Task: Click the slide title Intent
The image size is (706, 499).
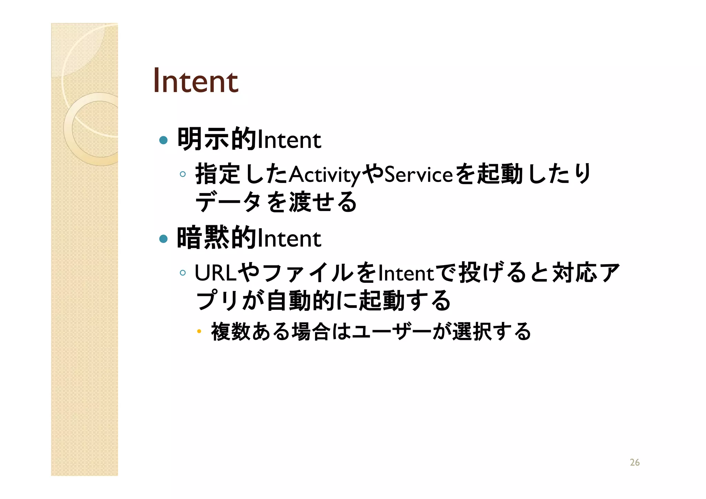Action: pos(195,81)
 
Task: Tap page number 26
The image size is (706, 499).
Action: pos(635,462)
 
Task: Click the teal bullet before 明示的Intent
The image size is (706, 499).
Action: pos(163,140)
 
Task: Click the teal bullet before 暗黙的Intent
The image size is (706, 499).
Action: pos(163,239)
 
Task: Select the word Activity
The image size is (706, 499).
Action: pos(325,174)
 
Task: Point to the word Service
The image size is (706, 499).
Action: pos(418,174)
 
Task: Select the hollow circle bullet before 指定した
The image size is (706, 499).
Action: pos(183,174)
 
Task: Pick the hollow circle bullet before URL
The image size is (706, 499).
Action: pos(183,273)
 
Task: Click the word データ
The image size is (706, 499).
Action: pos(228,202)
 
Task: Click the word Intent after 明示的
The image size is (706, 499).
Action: pos(289,140)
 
